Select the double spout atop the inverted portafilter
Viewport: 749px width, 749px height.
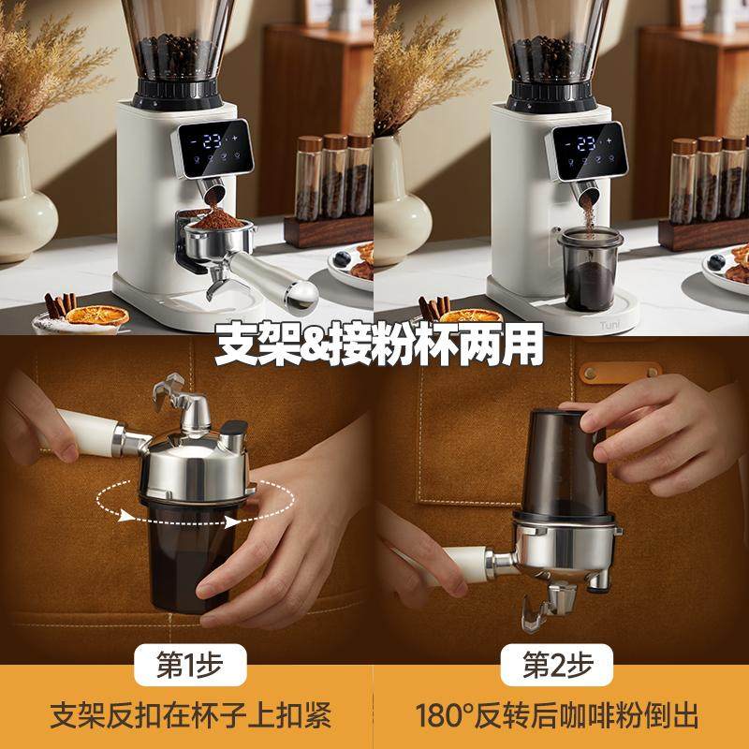click(183, 398)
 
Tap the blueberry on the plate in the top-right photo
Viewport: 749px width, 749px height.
click(718, 261)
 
